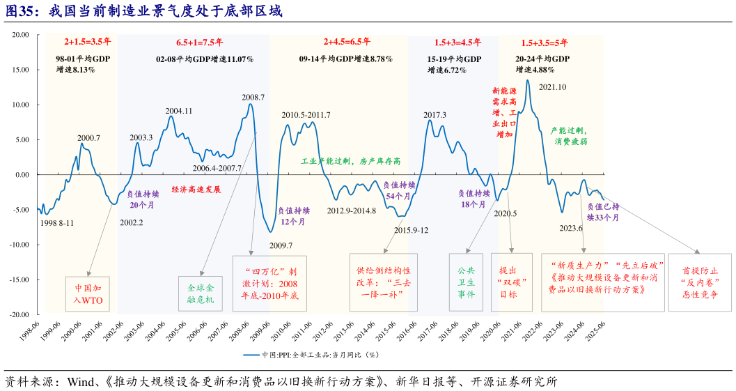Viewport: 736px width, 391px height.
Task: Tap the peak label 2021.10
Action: pyautogui.click(x=552, y=86)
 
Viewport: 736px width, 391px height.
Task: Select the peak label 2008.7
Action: pyautogui.click(x=253, y=97)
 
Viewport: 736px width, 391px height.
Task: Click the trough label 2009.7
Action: pyautogui.click(x=281, y=245)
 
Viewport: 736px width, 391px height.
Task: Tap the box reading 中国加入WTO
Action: pyautogui.click(x=88, y=293)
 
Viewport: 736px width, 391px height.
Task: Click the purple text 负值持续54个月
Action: pyautogui.click(x=400, y=190)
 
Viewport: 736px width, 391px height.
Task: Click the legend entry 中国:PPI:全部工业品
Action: pyautogui.click(x=311, y=354)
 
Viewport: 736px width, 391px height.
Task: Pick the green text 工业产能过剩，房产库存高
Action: pyautogui.click(x=350, y=161)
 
